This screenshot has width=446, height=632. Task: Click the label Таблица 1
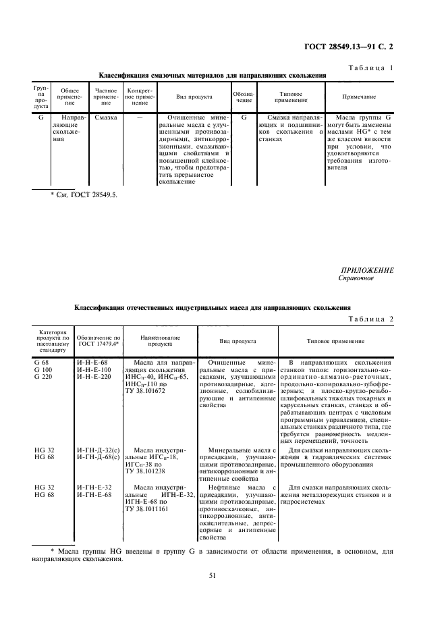pos(370,68)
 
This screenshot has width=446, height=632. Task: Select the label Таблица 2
pos(370,319)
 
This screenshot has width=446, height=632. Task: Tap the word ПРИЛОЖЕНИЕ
pos(367,270)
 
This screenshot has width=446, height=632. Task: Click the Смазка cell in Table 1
pos(106,117)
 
